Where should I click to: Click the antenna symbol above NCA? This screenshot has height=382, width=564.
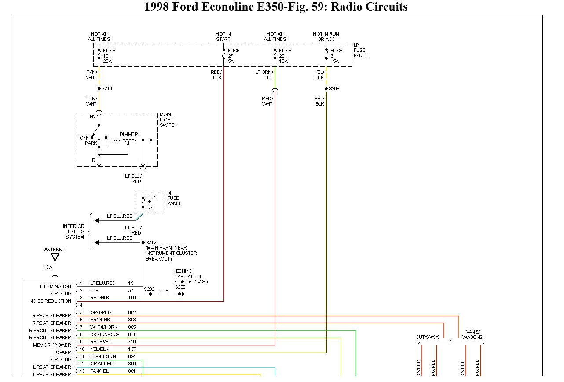pos(55,257)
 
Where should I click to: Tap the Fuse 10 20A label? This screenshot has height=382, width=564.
pos(109,56)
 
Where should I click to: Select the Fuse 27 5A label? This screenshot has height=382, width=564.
pos(234,56)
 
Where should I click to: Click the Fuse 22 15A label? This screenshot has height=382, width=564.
pos(285,56)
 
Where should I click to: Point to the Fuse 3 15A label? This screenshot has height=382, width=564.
pos(336,56)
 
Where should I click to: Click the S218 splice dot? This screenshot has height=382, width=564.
pos(99,88)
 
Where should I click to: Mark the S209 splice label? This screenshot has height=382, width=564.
pos(334,88)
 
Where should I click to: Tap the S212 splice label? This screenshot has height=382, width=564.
pos(151,242)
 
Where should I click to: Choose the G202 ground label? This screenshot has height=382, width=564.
pos(179,287)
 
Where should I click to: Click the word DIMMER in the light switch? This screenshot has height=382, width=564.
pos(128,134)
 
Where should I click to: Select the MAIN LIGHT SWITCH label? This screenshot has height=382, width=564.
pos(168,120)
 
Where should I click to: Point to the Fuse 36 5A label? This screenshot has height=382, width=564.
pos(152,202)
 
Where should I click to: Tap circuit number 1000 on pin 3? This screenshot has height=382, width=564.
pos(133,298)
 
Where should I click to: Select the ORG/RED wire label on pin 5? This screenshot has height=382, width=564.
pos(100,312)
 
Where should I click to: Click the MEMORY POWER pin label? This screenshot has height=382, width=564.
pos(52,345)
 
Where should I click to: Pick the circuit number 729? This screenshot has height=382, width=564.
pos(132,342)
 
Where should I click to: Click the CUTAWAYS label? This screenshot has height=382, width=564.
pos(428,337)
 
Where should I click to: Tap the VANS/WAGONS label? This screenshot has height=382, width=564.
pos(472,334)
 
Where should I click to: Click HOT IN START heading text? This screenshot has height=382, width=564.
pos(223,37)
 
